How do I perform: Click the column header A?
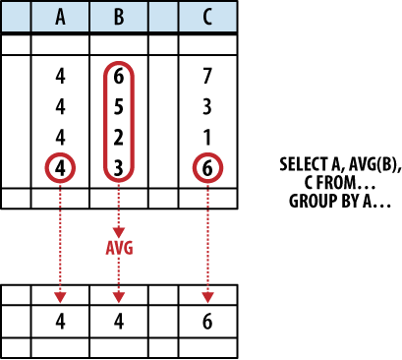pyautogui.click(x=61, y=17)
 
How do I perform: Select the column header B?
pyautogui.click(x=119, y=17)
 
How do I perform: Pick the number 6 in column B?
pyautogui.click(x=119, y=76)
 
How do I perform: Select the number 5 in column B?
pyautogui.click(x=119, y=105)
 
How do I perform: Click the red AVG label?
pyautogui.click(x=119, y=249)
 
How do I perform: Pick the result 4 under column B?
pyautogui.click(x=119, y=320)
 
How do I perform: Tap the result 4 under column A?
pyautogui.click(x=61, y=320)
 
